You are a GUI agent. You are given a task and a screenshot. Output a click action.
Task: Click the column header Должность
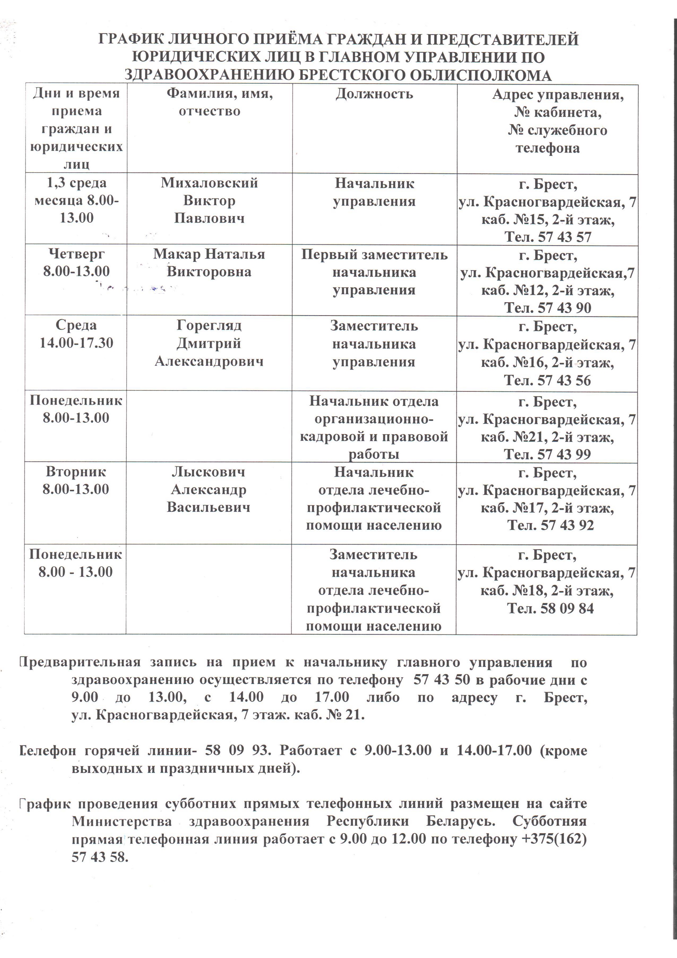(x=374, y=94)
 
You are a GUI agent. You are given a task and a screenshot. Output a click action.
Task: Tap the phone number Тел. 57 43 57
(x=548, y=237)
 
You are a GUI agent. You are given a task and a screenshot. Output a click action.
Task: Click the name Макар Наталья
(x=209, y=254)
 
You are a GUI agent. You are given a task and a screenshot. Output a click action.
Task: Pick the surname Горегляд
(x=209, y=326)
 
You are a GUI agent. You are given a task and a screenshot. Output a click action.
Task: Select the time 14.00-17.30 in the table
(x=76, y=343)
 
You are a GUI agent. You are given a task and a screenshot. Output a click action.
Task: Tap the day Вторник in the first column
(x=76, y=472)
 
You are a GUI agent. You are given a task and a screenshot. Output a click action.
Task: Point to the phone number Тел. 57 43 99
(x=547, y=454)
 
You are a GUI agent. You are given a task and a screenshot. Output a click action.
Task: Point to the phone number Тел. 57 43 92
(x=550, y=525)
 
